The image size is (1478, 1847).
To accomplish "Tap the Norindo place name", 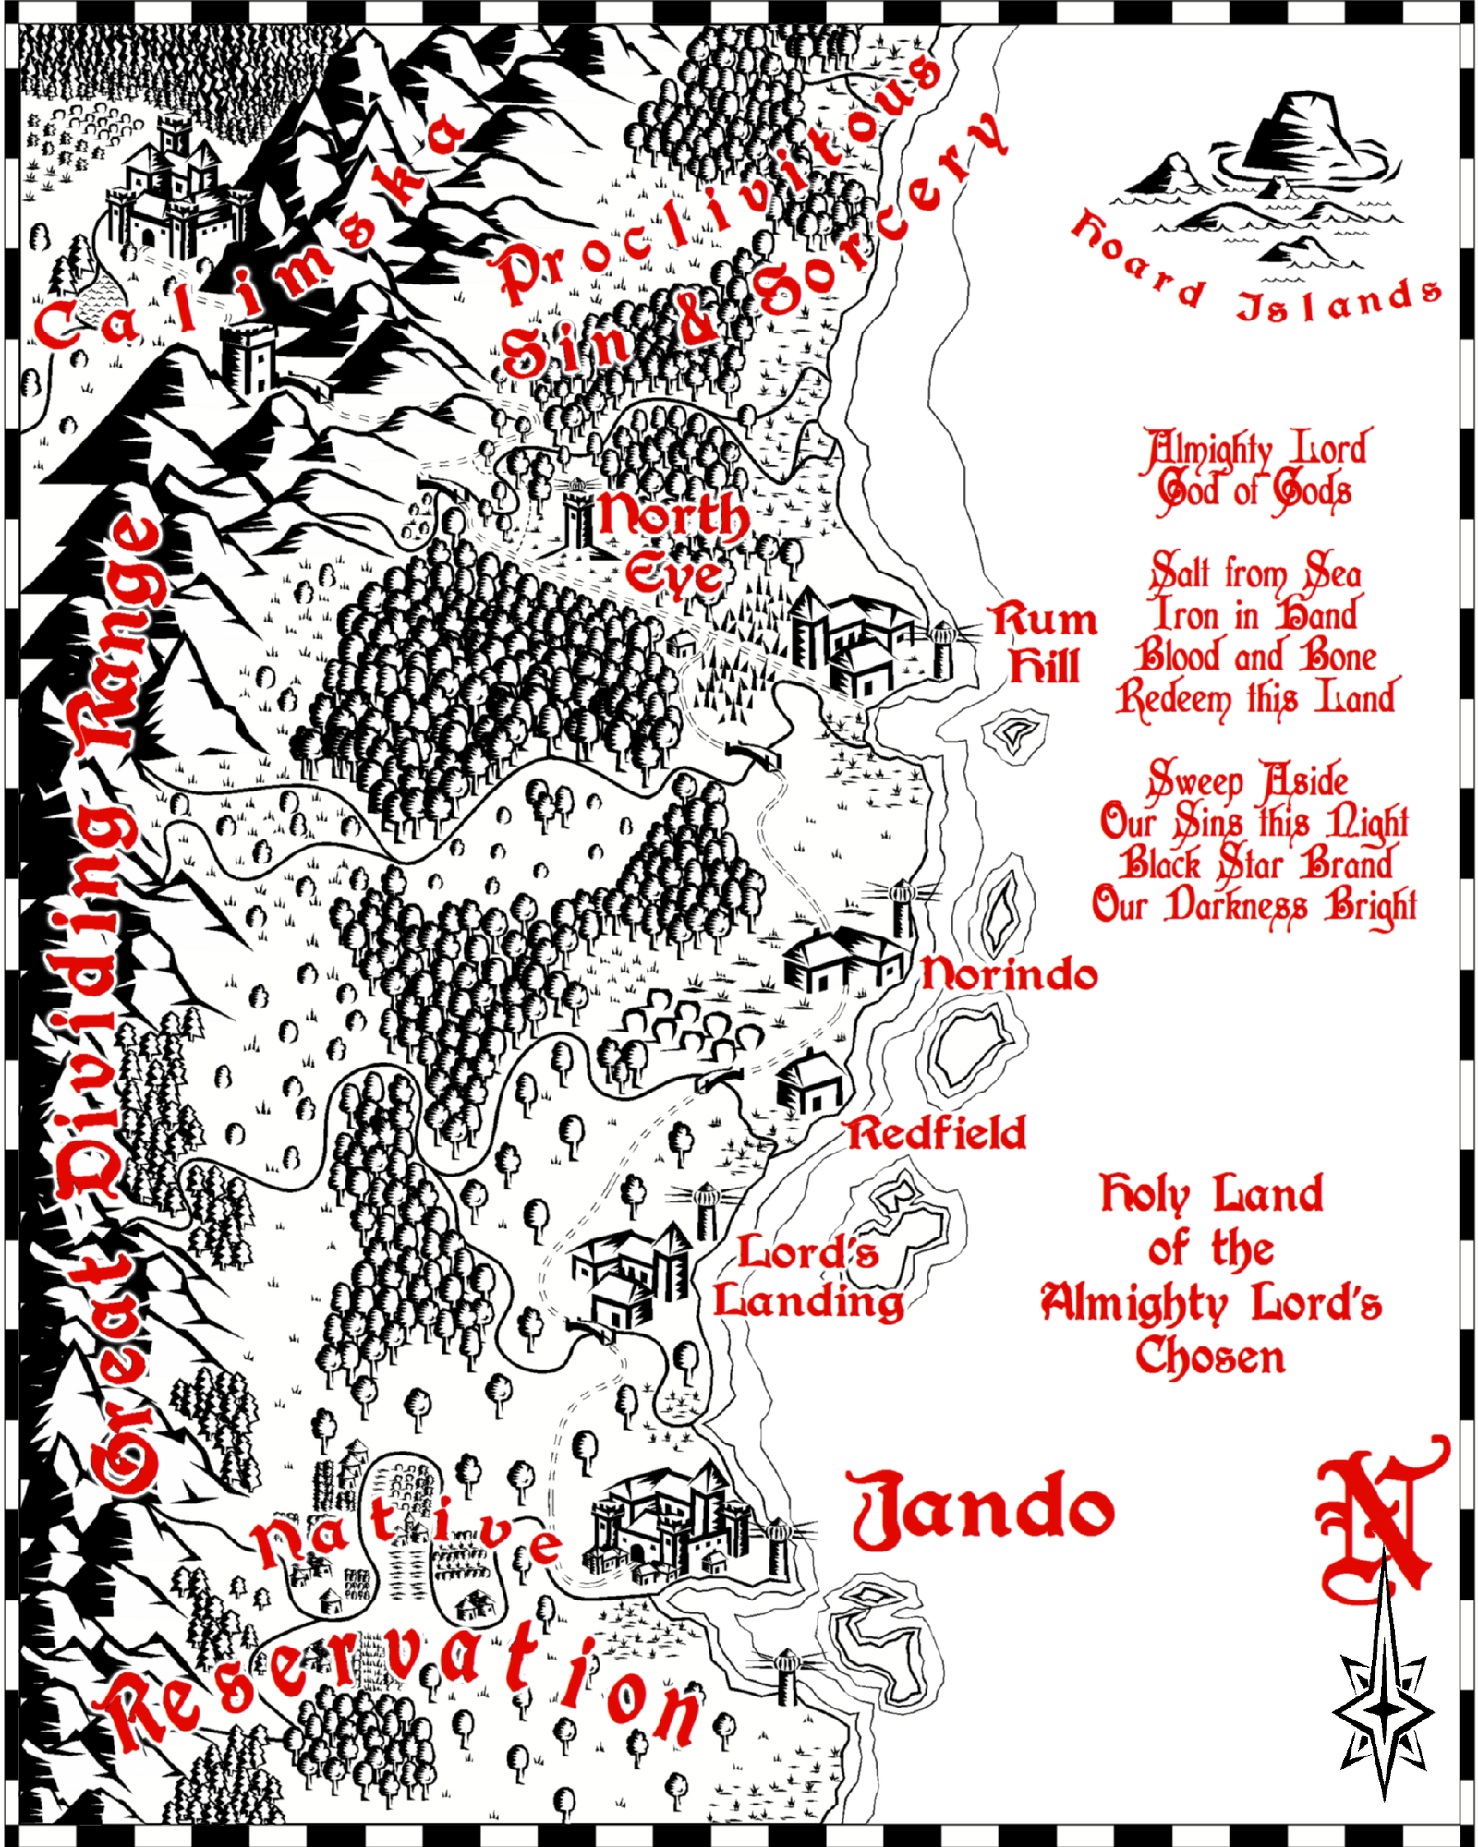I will click(1010, 973).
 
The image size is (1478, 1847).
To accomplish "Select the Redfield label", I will click(937, 1133).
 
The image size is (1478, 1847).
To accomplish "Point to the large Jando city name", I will click(982, 1511).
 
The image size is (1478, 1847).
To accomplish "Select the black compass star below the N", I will click(1383, 1708).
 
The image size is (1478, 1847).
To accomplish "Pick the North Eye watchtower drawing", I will click(578, 517).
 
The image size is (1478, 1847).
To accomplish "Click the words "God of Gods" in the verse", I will click(1254, 489).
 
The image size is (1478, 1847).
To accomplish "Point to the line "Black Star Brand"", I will click(1255, 863).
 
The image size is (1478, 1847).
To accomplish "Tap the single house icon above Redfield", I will click(807, 1082).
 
